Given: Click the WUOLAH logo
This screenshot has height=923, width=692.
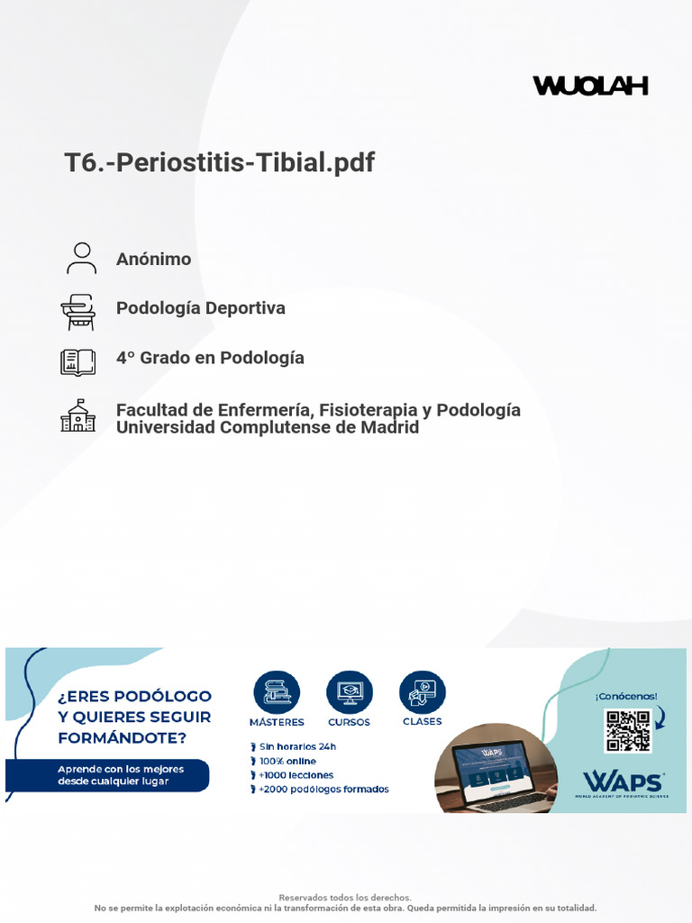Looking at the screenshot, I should pyautogui.click(x=590, y=87).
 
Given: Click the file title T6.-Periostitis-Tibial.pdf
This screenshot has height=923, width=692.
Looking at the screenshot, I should pyautogui.click(x=219, y=163).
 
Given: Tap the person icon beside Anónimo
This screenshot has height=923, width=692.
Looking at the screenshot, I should pyautogui.click(x=81, y=258).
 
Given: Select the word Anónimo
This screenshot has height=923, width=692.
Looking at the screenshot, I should pyautogui.click(x=153, y=260).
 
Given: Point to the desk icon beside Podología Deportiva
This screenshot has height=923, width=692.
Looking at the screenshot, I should pyautogui.click(x=78, y=311).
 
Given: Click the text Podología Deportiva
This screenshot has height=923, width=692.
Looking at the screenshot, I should pyautogui.click(x=200, y=308).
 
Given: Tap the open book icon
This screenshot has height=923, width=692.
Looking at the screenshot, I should pyautogui.click(x=77, y=361).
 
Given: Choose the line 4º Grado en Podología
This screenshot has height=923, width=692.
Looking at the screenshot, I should pyautogui.click(x=210, y=358).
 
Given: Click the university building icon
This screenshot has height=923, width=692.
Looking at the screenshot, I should pyautogui.click(x=77, y=415).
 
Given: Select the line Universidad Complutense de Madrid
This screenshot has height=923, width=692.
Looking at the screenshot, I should pyautogui.click(x=268, y=428).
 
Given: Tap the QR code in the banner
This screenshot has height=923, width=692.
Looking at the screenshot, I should pyautogui.click(x=627, y=731).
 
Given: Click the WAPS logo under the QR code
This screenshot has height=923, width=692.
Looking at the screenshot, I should pyautogui.click(x=623, y=782).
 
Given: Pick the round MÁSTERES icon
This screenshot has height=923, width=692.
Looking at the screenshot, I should pyautogui.click(x=277, y=692).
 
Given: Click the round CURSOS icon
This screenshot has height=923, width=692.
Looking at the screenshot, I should pyautogui.click(x=349, y=692).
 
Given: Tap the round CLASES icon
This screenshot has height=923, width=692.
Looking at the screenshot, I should pyautogui.click(x=422, y=692).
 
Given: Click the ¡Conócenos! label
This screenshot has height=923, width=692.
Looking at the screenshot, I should pyautogui.click(x=626, y=696).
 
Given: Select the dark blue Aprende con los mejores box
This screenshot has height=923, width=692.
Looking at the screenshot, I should pyautogui.click(x=107, y=775).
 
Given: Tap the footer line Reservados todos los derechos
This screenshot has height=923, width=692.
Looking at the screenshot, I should pyautogui.click(x=345, y=898).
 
